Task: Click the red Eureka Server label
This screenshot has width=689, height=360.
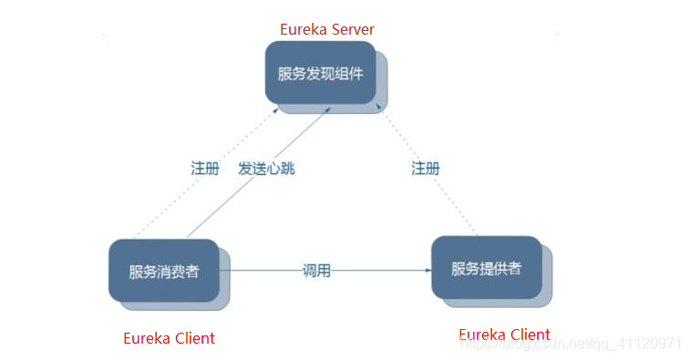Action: click(x=327, y=29)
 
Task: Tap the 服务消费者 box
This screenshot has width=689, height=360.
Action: click(x=163, y=271)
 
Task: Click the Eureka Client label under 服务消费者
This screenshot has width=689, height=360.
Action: click(x=169, y=338)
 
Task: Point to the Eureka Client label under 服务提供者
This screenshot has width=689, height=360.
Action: click(x=504, y=334)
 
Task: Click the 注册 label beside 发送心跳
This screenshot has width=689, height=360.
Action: click(x=205, y=169)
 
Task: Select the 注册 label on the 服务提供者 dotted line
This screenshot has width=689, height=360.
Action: click(x=426, y=169)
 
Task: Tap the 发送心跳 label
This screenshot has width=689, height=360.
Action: click(x=266, y=169)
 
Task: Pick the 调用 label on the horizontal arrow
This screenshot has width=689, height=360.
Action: click(x=316, y=271)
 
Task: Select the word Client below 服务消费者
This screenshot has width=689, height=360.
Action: click(x=193, y=338)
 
